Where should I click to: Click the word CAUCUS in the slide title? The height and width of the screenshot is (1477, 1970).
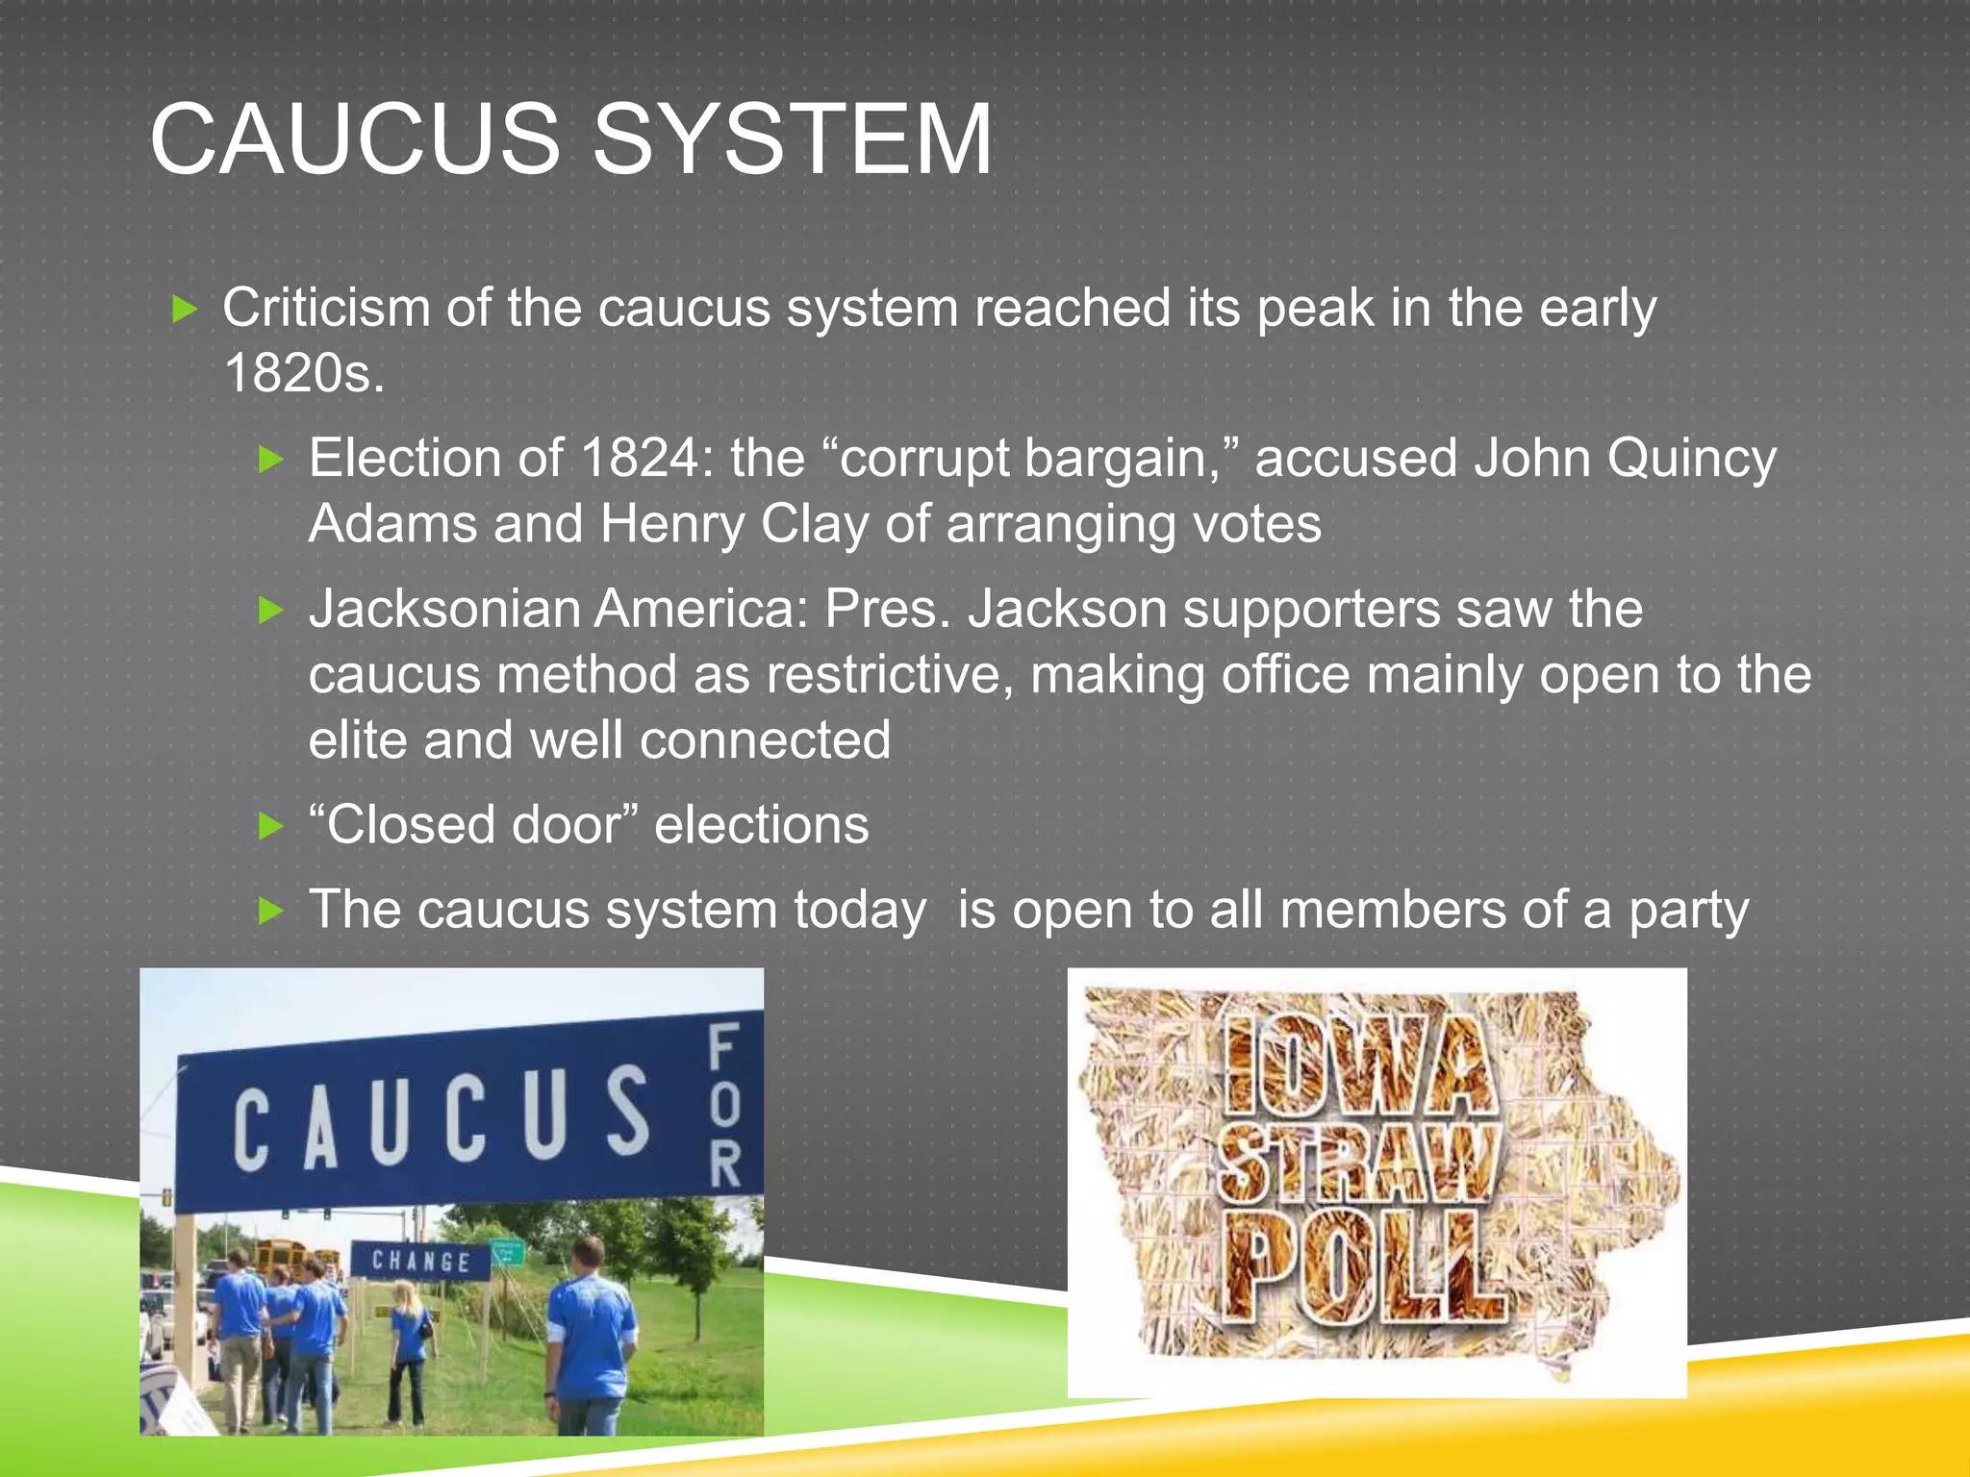pyautogui.click(x=354, y=140)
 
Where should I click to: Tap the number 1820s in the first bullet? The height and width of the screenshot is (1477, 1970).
pyautogui.click(x=303, y=373)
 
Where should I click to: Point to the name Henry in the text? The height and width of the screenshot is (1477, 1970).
pyautogui.click(x=671, y=525)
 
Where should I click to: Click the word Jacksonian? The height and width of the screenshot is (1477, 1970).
pyautogui.click(x=443, y=609)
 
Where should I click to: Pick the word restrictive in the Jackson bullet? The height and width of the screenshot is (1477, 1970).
pyautogui.click(x=889, y=674)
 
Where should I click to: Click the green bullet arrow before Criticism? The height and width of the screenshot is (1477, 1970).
pyautogui.click(x=184, y=310)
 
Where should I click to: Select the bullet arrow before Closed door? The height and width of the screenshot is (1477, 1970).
pyautogui.click(x=271, y=826)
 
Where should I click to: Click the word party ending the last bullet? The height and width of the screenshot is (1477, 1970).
pyautogui.click(x=1688, y=910)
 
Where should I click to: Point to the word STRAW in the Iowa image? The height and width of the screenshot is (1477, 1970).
pyautogui.click(x=1358, y=1165)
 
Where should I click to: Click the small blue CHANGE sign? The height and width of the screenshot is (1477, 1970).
pyautogui.click(x=420, y=1261)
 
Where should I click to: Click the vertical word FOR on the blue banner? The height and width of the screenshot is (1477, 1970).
pyautogui.click(x=724, y=1106)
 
